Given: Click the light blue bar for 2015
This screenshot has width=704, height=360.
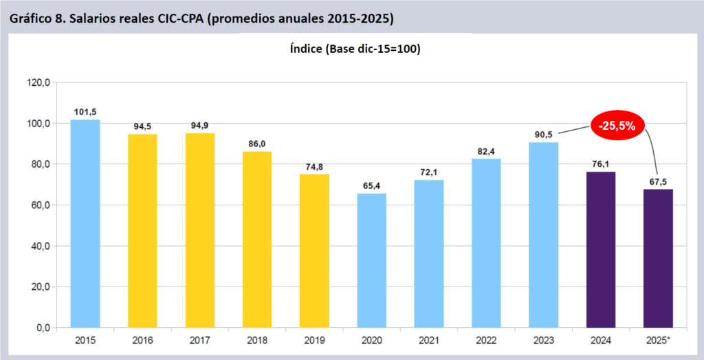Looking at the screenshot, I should click(85, 223).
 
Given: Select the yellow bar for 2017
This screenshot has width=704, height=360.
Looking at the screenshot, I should click(200, 230).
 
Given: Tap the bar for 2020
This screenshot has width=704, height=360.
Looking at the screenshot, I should click(372, 260).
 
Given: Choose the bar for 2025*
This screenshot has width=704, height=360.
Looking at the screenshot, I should click(658, 258).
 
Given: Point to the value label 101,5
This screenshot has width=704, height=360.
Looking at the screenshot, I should click(85, 111).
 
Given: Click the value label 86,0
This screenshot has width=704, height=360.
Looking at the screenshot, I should click(258, 144).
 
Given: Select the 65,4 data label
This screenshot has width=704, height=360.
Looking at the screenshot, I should click(372, 185).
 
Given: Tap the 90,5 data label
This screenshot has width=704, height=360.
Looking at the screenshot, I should click(543, 134).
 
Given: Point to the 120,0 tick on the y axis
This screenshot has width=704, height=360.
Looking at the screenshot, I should click(39, 82).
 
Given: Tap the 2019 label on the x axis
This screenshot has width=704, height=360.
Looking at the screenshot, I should click(315, 341).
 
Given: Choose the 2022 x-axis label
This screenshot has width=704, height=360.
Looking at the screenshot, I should click(486, 341).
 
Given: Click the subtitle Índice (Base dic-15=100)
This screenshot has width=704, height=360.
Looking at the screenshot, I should click(351, 49).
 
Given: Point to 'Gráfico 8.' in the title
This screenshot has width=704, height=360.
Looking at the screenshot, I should click(36, 18).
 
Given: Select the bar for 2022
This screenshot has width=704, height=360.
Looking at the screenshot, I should click(486, 243).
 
